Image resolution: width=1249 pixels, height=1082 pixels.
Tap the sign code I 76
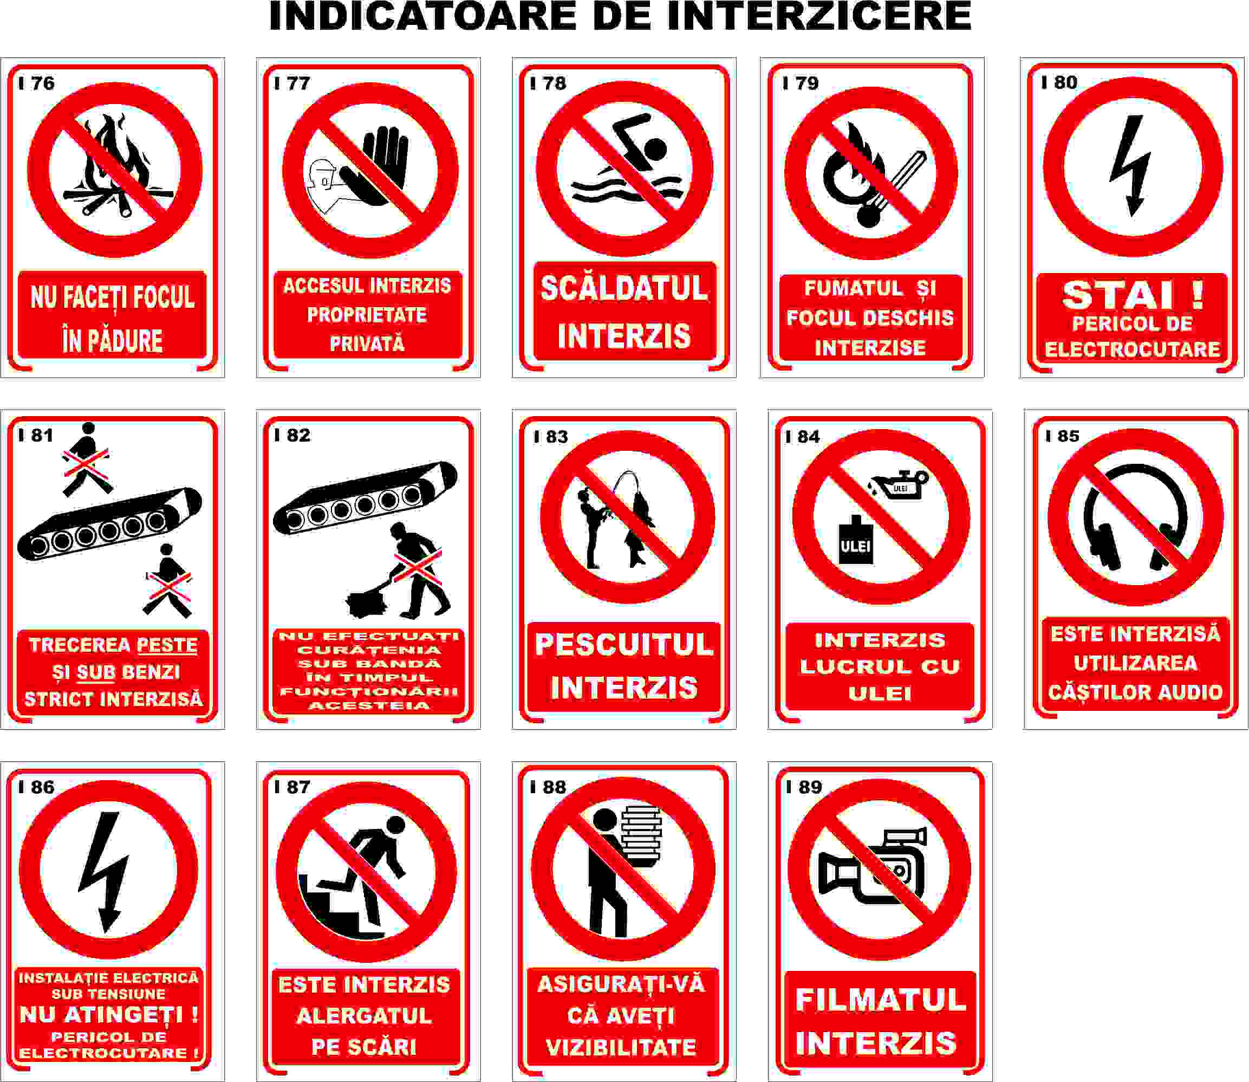(36, 83)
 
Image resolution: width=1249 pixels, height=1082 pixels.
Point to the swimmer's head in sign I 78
(654, 148)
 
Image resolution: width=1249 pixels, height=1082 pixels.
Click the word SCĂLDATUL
(623, 288)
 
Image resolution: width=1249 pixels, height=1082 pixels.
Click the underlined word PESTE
(167, 645)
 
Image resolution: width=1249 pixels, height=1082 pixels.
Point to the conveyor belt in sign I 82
(365, 498)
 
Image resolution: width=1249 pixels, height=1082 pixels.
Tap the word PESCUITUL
(624, 644)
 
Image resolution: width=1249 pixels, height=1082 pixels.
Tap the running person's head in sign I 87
(395, 825)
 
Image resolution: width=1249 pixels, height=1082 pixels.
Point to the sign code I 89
(803, 787)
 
